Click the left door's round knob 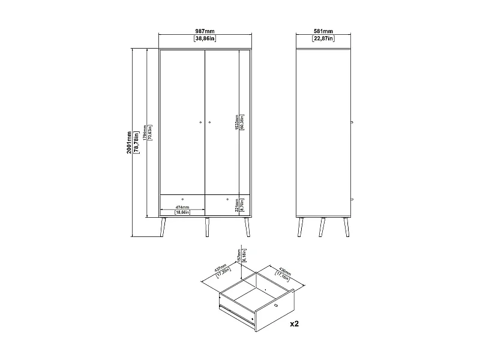click(200, 123)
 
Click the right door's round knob click(210, 123)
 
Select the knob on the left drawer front click(182, 198)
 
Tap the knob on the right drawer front click(228, 198)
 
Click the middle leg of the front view click(206, 227)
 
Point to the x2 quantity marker click(295, 324)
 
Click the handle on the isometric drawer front click(276, 307)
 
